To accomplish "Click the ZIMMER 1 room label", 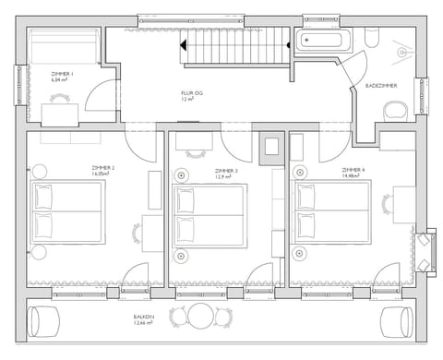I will tap(63, 77).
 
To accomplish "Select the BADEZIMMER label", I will tap(382, 86).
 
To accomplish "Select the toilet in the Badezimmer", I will tap(394, 110).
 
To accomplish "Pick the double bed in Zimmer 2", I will tap(67, 212).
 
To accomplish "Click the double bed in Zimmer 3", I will tap(209, 214).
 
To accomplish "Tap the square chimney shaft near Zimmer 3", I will tap(273, 146).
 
